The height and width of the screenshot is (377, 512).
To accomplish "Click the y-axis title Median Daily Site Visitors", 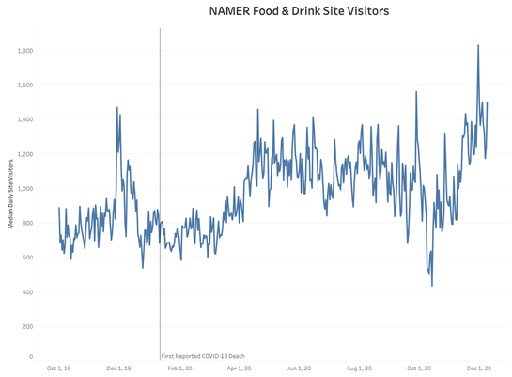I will click(x=10, y=194).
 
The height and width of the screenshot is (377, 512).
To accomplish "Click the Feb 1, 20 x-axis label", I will click(x=179, y=369).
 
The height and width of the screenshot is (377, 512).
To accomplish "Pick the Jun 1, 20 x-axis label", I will click(x=299, y=369).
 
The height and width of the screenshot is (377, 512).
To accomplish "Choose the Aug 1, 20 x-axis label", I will click(x=360, y=369).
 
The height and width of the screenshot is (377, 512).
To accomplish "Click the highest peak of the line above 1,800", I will click(x=478, y=45).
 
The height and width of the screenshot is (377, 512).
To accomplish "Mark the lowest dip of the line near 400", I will click(x=432, y=286).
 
